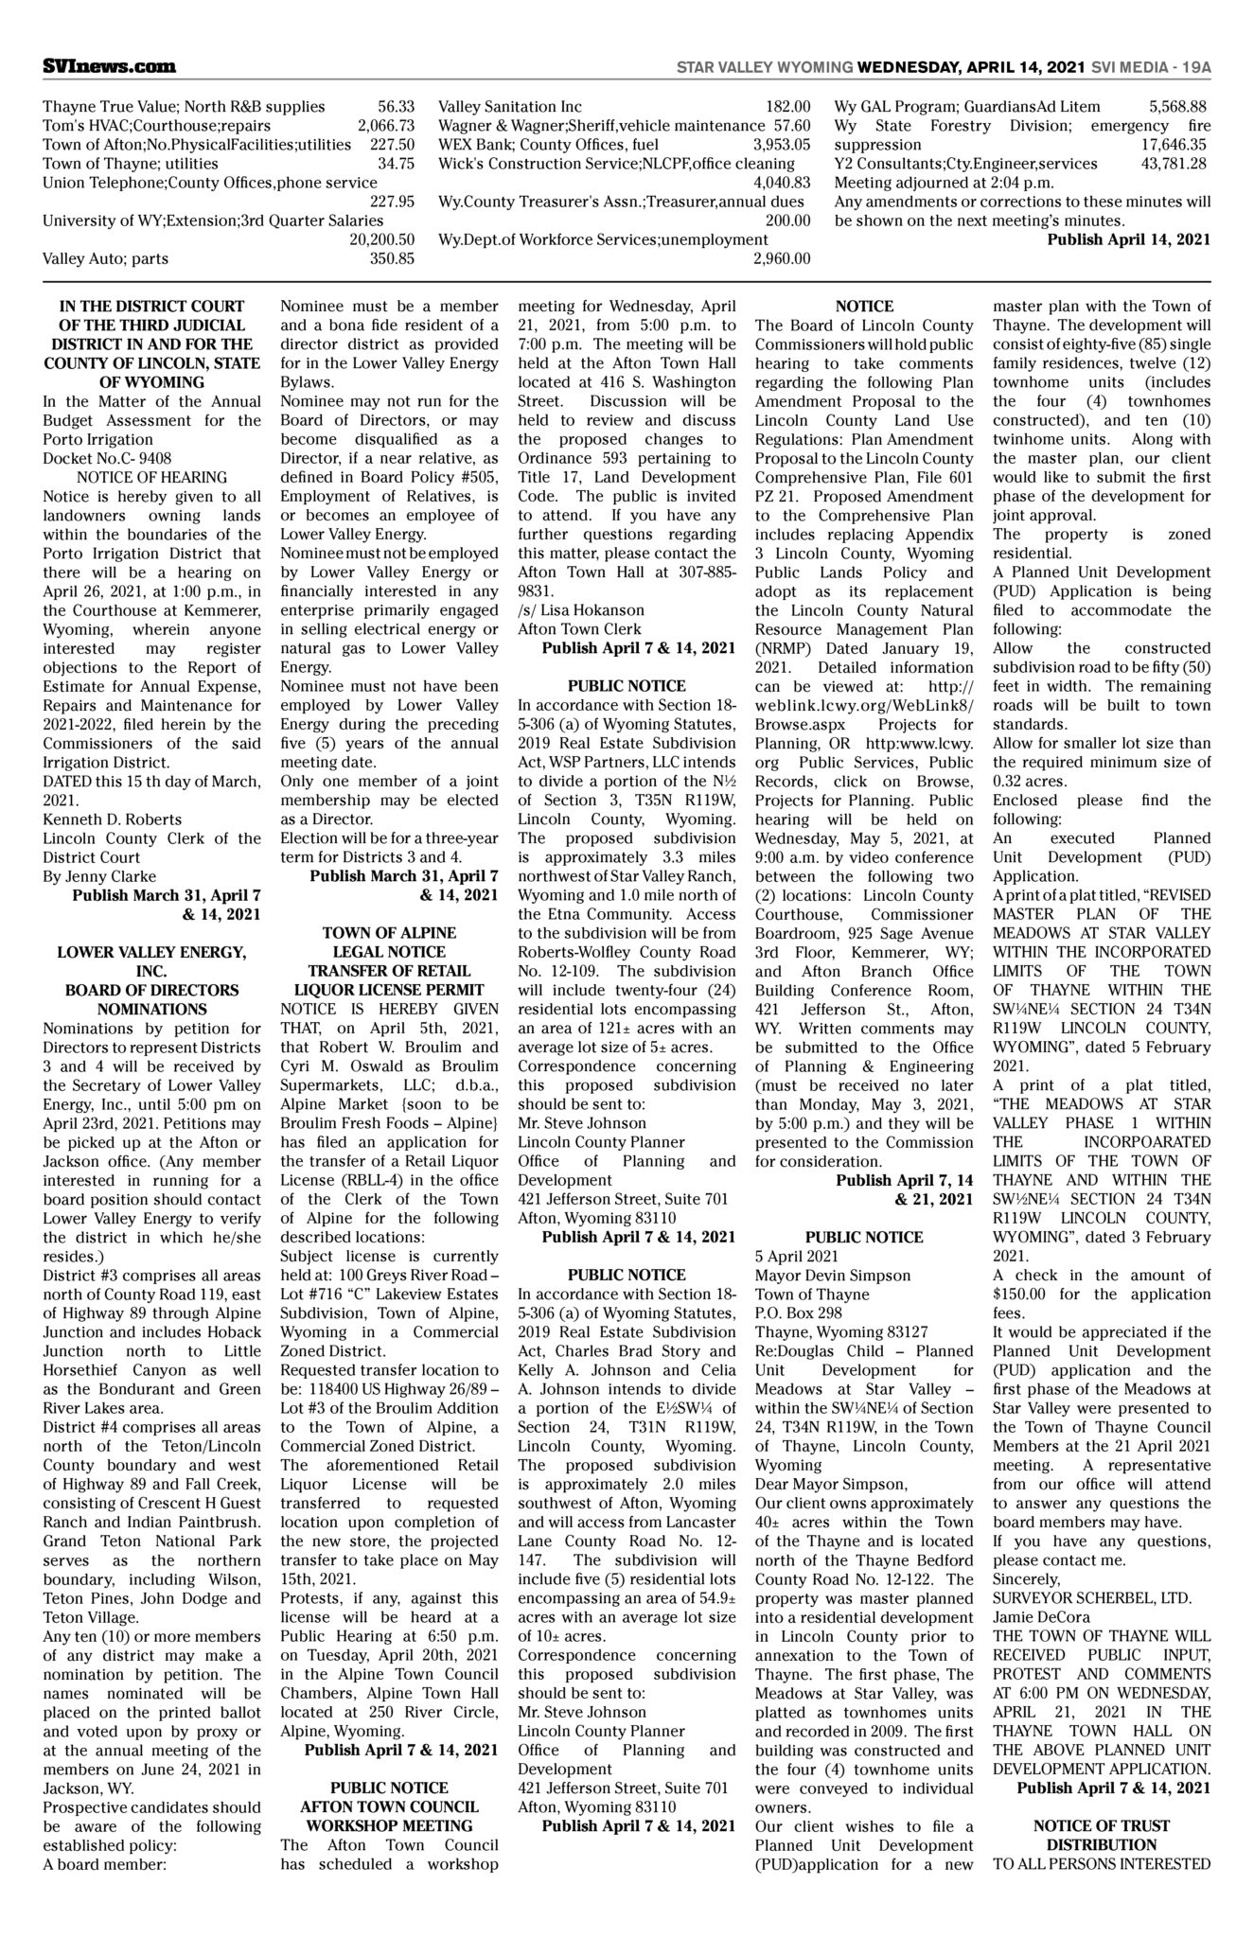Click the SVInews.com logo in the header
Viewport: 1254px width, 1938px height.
tap(109, 66)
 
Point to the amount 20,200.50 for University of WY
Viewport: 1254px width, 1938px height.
tap(381, 239)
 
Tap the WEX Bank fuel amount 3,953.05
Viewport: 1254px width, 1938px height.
tap(782, 145)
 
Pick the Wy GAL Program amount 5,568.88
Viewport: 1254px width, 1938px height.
tap(1177, 107)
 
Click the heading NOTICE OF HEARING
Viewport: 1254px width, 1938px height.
tap(151, 477)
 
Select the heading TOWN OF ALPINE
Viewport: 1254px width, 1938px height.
tap(389, 932)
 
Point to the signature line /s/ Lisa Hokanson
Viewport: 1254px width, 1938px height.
tap(580, 609)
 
